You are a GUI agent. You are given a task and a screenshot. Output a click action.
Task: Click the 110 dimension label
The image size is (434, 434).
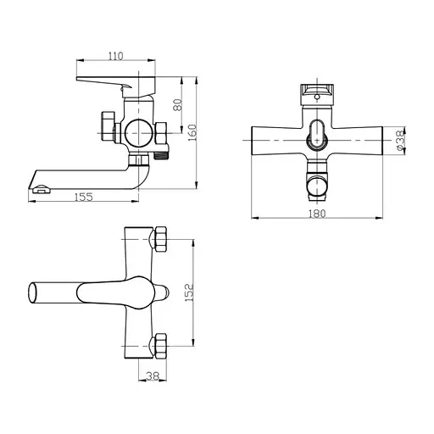pos(116,56)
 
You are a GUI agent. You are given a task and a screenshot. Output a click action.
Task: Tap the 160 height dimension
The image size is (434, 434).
pos(193,133)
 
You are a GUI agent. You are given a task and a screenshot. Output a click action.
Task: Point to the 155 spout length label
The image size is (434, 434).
pos(83,197)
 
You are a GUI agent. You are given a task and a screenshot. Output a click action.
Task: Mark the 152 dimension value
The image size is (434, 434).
pos(191,291)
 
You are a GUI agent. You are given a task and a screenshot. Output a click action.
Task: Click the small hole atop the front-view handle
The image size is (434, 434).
pos(320,97)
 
